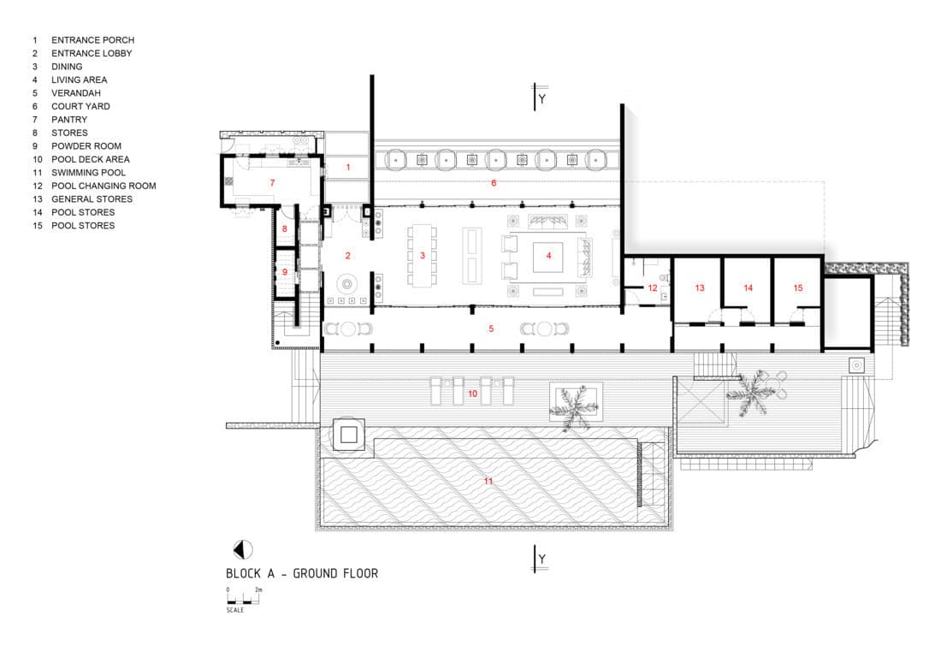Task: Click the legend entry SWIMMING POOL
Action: [x=88, y=173]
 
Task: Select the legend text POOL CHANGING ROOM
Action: [x=104, y=186]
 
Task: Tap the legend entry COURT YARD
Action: [x=80, y=106]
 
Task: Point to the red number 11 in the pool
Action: [x=488, y=481]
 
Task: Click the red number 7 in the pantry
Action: [x=273, y=182]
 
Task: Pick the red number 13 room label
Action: [x=700, y=288]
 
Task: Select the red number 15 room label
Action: [x=798, y=288]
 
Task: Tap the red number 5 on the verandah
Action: [x=491, y=328]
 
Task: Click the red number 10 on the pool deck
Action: [x=472, y=394]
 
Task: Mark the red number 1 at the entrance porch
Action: [x=348, y=167]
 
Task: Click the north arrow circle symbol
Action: [x=243, y=550]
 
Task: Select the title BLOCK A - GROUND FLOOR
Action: [x=302, y=573]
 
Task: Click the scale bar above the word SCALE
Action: [x=243, y=602]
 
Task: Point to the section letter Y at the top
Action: [x=542, y=99]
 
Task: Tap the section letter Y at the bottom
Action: [x=542, y=559]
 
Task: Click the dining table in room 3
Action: [x=422, y=255]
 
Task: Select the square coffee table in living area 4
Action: [x=548, y=257]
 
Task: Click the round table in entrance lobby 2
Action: [x=347, y=284]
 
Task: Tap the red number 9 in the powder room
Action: [x=285, y=272]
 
